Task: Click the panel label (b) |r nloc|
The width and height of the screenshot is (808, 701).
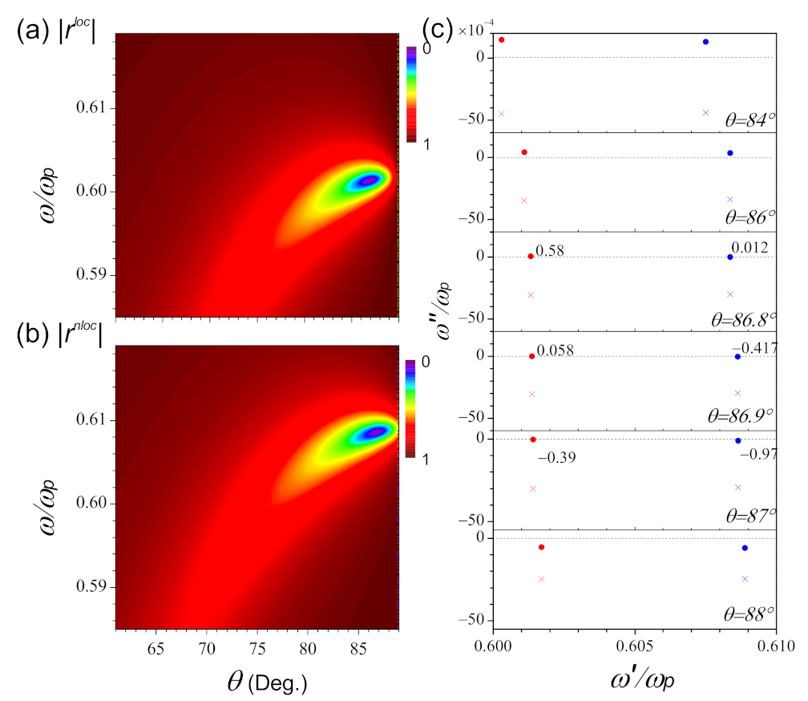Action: [61, 331]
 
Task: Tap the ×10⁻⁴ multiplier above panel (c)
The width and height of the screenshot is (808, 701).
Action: [479, 30]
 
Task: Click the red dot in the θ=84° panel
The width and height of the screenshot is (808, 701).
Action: [502, 40]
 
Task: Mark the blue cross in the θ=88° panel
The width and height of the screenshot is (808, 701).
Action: [745, 578]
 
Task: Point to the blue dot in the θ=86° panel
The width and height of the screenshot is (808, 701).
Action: [730, 152]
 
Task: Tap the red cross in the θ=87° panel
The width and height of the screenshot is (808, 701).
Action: [533, 488]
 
